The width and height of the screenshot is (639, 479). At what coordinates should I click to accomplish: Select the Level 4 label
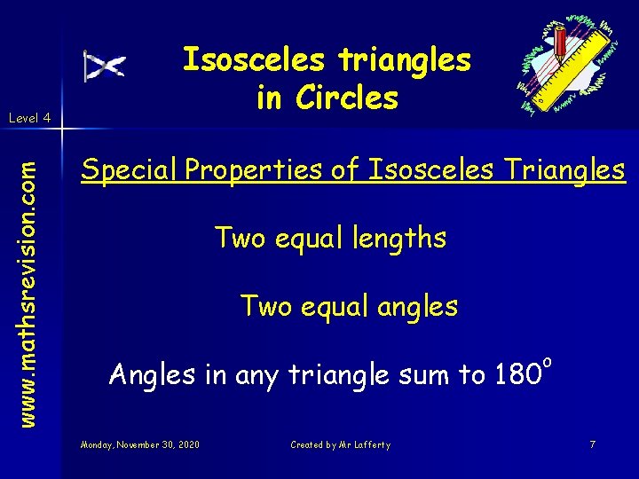point(29,117)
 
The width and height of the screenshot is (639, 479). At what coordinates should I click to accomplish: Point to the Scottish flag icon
point(105,66)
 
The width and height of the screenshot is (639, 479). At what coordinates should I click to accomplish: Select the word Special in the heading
point(130,170)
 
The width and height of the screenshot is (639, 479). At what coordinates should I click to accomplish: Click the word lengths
point(392,239)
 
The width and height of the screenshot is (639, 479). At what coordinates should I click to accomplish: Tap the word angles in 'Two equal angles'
point(416,307)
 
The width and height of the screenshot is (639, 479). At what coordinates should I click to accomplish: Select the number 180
point(514,375)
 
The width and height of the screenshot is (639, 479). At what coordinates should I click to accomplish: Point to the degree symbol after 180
point(548,362)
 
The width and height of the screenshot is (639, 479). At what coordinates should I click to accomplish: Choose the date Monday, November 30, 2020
point(139,444)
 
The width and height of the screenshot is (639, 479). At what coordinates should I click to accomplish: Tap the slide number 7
point(592,444)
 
